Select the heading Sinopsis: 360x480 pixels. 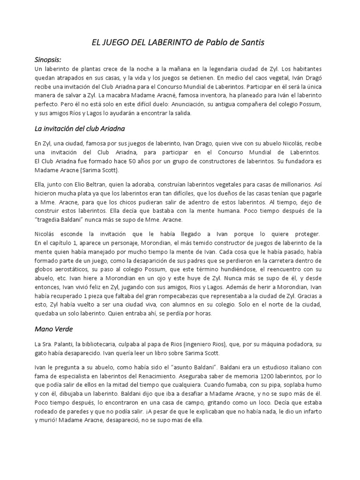pyautogui.click(x=48, y=60)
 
